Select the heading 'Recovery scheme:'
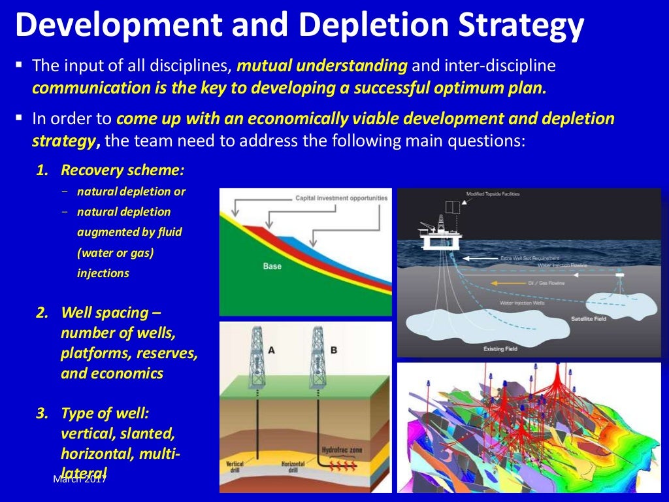(122, 170)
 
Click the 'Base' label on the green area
(272, 266)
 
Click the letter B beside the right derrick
(334, 350)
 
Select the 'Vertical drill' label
(235, 467)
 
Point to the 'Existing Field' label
(500, 348)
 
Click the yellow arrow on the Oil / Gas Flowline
(504, 283)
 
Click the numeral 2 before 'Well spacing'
(42, 312)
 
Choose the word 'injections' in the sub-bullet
(103, 273)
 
